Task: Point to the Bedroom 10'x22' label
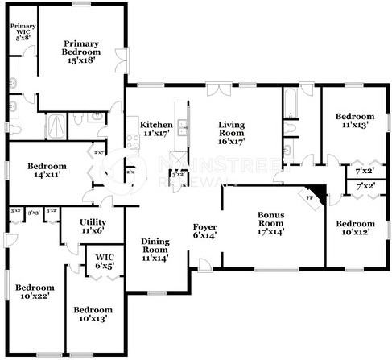click(x=35, y=292)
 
